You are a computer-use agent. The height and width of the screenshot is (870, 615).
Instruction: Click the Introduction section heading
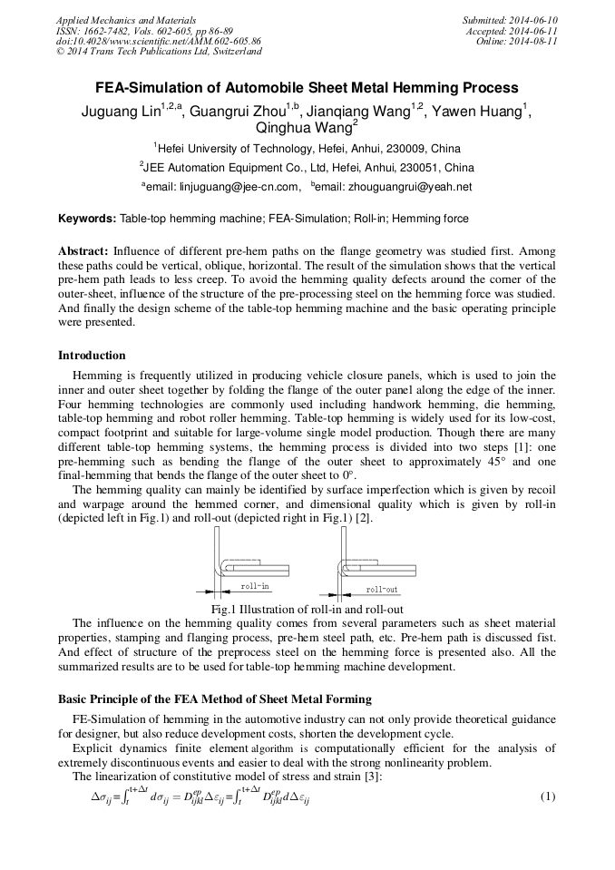92,355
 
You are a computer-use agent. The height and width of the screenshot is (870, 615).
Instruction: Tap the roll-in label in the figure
255,587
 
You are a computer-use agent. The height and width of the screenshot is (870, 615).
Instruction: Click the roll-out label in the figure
382,589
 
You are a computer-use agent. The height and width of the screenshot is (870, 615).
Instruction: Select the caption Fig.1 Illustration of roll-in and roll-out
307,610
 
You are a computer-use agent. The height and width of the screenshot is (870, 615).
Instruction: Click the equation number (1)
547,797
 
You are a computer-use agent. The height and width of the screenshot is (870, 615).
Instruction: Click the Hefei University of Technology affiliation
237,148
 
